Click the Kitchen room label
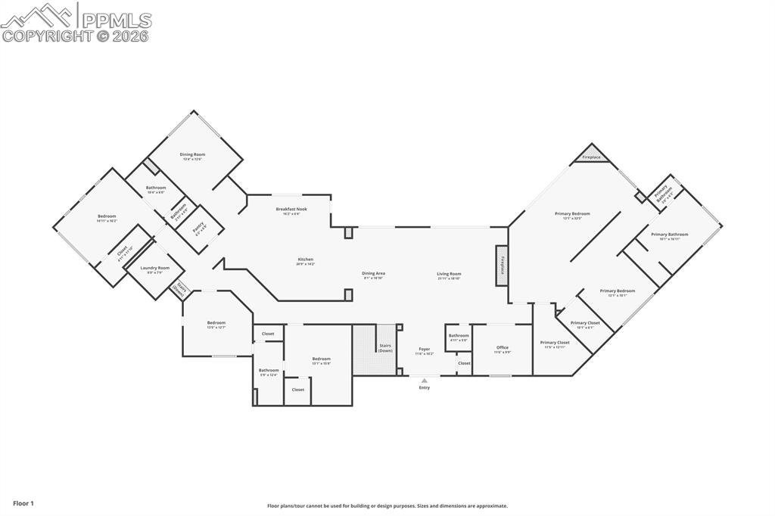click(x=305, y=260)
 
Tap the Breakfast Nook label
click(x=291, y=209)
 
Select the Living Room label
click(x=449, y=274)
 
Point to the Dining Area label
click(x=373, y=273)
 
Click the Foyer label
click(x=424, y=350)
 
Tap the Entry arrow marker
click(x=424, y=381)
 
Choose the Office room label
click(x=503, y=348)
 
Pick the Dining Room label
click(x=192, y=154)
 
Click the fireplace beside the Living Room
click(x=502, y=266)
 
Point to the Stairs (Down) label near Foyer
click(x=385, y=348)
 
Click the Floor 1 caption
click(x=23, y=503)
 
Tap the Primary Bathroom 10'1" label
click(x=670, y=235)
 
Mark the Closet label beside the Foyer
click(x=464, y=363)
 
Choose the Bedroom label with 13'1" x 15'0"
click(x=321, y=359)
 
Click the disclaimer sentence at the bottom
click(x=387, y=506)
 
